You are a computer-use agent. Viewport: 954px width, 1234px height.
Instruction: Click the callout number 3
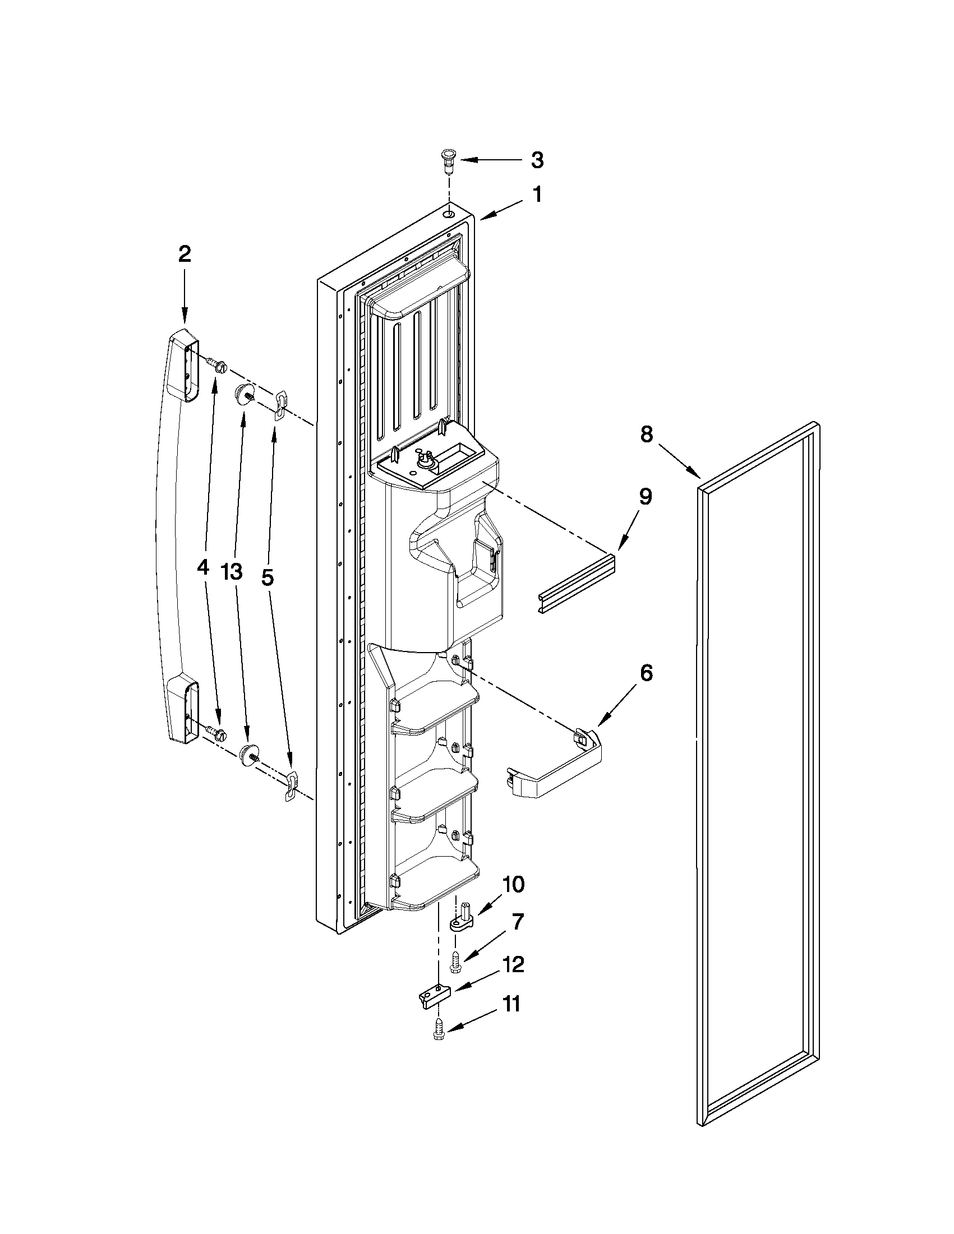point(537,160)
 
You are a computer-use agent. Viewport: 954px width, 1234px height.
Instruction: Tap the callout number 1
point(537,196)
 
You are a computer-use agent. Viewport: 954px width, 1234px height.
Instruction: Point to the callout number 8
point(647,434)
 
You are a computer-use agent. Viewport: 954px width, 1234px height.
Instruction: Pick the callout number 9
point(646,497)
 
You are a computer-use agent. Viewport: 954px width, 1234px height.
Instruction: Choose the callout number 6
point(646,673)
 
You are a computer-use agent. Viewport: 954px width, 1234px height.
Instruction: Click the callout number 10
point(513,884)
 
